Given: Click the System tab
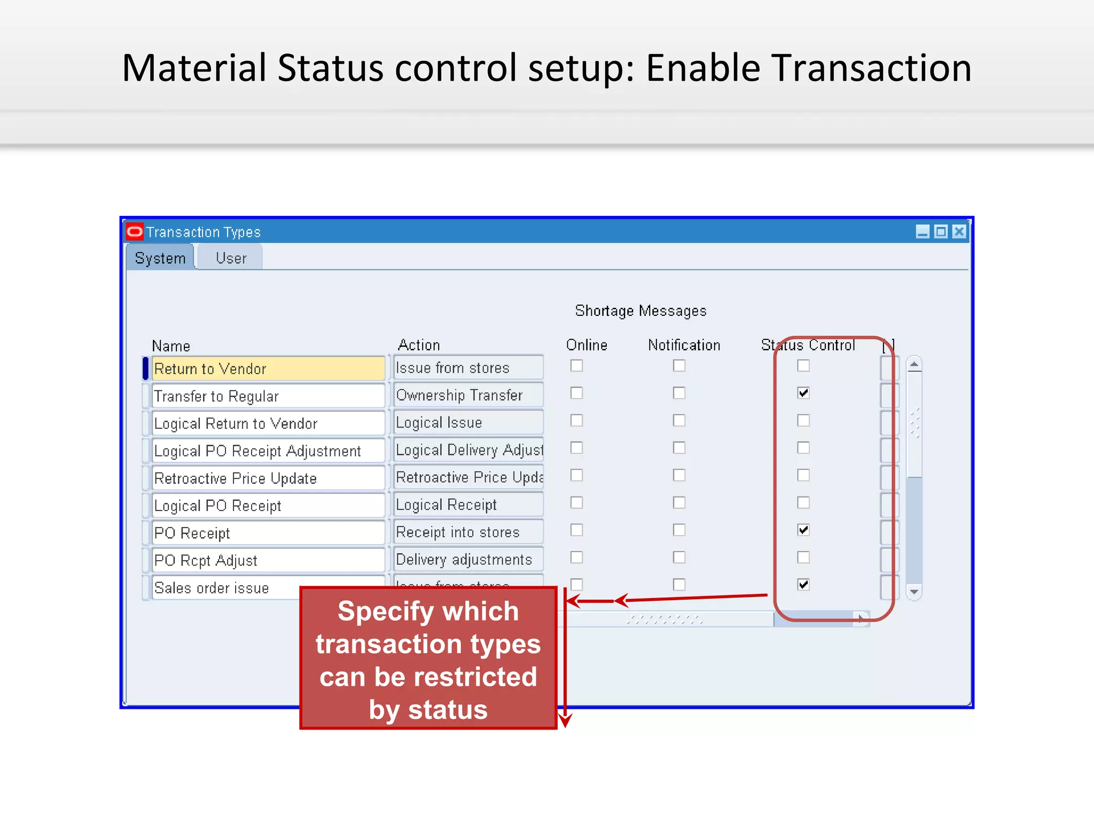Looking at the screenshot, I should click(160, 258).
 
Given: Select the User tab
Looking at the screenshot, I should click(231, 258).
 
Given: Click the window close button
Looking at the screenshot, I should click(959, 231).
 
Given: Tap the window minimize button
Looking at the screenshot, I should click(923, 231).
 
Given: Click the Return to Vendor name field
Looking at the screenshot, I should click(268, 369).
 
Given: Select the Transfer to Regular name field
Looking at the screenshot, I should click(268, 396).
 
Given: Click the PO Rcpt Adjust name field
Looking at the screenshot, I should click(268, 560).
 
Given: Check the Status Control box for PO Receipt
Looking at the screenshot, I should click(803, 530).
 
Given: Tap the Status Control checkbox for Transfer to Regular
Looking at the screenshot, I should click(803, 393).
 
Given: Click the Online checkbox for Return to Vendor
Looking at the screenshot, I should click(576, 366).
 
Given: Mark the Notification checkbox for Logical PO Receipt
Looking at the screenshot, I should click(679, 502).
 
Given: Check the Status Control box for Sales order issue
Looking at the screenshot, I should click(803, 584).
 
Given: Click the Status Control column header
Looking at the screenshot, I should click(808, 345).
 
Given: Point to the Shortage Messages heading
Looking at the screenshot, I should click(640, 311).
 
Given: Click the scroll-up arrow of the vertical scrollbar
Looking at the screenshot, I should click(914, 365).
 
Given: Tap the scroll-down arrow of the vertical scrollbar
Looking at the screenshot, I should click(914, 592).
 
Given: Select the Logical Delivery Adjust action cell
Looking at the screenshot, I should click(468, 450).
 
